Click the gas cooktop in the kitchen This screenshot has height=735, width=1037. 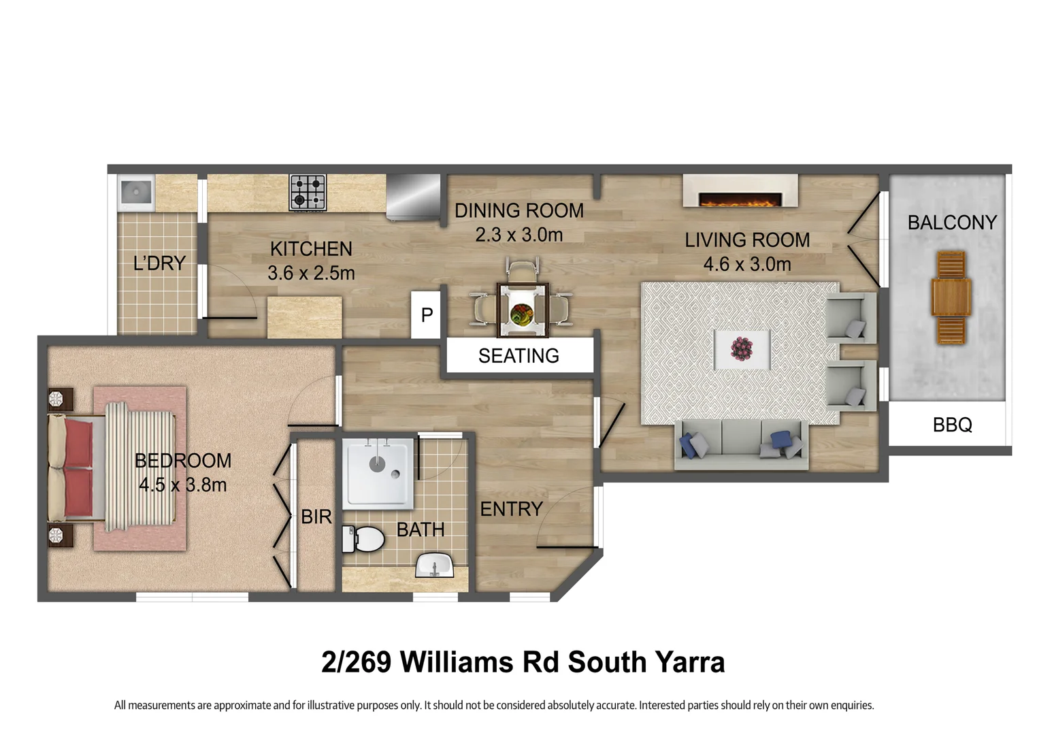(x=308, y=193)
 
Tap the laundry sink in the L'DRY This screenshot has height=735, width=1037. (x=136, y=193)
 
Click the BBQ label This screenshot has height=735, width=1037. (x=952, y=425)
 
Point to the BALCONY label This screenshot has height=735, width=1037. (x=951, y=223)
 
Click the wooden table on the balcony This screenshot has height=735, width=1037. (x=951, y=297)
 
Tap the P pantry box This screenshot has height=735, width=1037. (x=427, y=315)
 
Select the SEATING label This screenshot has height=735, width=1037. (x=518, y=356)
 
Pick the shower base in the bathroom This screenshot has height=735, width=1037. (x=378, y=473)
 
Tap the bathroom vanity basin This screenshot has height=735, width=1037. (x=435, y=566)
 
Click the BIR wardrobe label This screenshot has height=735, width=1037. (x=316, y=517)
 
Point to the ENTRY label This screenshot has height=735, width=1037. (x=511, y=509)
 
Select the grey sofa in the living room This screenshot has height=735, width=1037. (x=741, y=444)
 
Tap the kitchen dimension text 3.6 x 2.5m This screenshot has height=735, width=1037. (x=311, y=273)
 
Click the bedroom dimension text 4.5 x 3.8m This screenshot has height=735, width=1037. (x=182, y=485)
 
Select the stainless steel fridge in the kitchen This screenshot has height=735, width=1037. (x=414, y=197)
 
